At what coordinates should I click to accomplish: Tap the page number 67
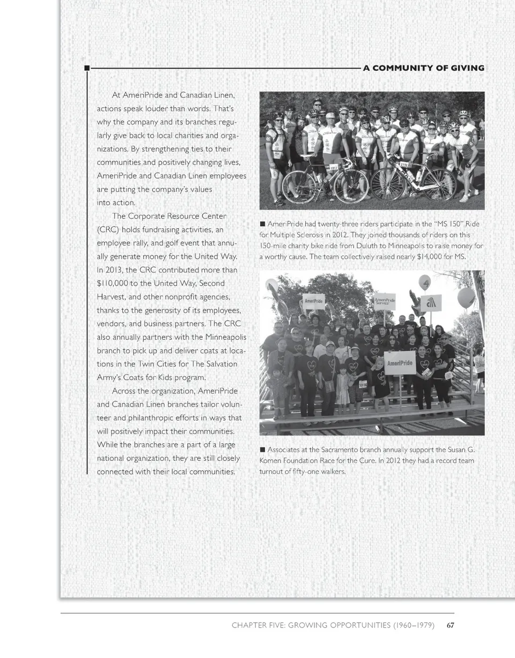451,625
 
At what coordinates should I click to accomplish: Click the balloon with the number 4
424,281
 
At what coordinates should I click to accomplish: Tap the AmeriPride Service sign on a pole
385,301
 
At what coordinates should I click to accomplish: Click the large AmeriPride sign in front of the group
400,363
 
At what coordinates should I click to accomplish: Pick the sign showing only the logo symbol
431,303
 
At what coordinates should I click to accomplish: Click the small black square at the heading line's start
86,68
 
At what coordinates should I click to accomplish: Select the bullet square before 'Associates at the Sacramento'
262,449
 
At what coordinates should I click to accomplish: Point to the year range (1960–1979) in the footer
413,625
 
